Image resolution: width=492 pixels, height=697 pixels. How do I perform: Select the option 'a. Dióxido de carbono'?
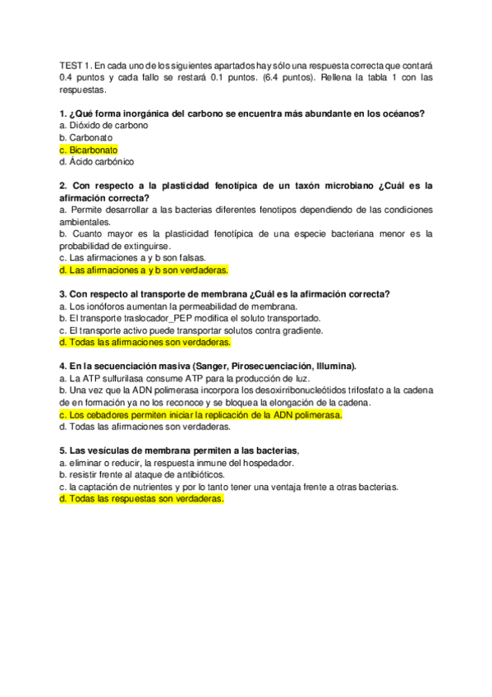(103, 126)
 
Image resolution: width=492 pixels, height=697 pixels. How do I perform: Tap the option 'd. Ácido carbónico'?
(96, 163)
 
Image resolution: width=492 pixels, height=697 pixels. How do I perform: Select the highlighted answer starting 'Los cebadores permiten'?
(200, 415)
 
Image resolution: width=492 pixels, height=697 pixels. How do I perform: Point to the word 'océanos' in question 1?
(413, 113)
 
